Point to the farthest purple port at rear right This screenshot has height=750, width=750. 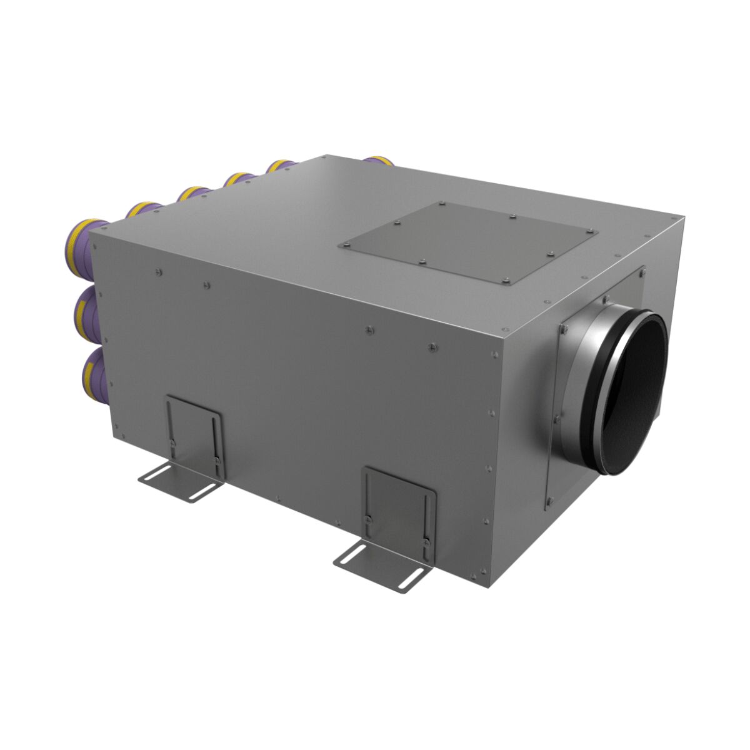[x=379, y=161]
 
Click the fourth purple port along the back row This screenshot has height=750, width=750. [x=237, y=179]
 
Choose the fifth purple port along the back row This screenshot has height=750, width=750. [x=280, y=166]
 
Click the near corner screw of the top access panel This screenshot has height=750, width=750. [x=505, y=282]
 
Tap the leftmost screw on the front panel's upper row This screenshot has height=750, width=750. [x=157, y=271]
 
